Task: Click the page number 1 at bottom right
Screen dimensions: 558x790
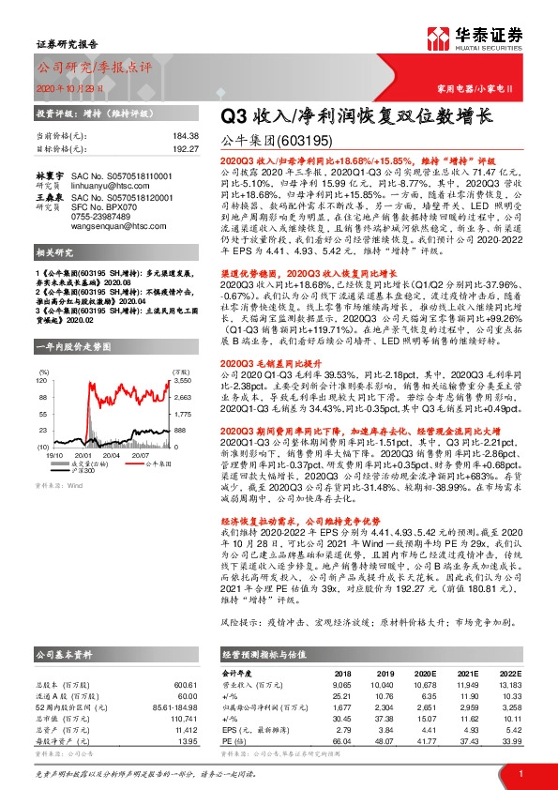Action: [520, 772]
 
